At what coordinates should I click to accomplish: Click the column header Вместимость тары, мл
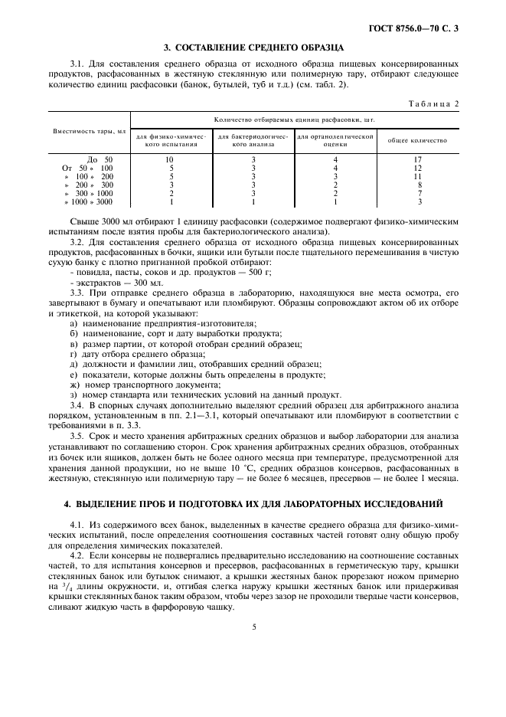tap(89, 131)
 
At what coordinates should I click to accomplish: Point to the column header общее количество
tap(418, 141)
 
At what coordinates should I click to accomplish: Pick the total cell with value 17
tap(418, 159)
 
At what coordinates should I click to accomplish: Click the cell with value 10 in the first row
tap(170, 159)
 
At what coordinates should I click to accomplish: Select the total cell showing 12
tap(418, 168)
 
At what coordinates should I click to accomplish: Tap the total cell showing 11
tap(418, 176)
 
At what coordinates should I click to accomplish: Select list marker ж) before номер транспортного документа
tap(73, 385)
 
